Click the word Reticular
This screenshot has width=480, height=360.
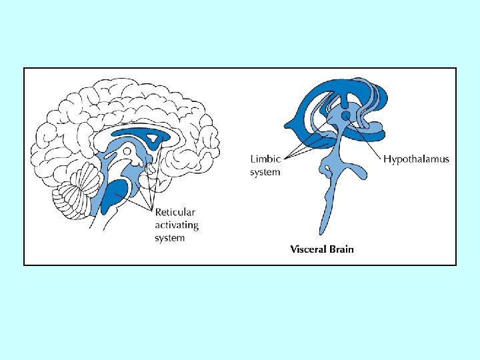pyautogui.click(x=175, y=212)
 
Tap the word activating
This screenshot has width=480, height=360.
pyautogui.click(x=177, y=225)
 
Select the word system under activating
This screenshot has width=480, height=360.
pyautogui.click(x=170, y=238)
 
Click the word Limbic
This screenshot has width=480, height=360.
pyautogui.click(x=265, y=159)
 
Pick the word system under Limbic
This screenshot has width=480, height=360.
pyautogui.click(x=265, y=172)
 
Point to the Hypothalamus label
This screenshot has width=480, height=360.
pyautogui.click(x=416, y=159)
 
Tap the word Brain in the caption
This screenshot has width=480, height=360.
pyautogui.click(x=341, y=250)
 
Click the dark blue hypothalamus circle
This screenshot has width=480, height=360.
pyautogui.click(x=346, y=117)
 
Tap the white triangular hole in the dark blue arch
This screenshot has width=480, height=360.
pyautogui.click(x=155, y=139)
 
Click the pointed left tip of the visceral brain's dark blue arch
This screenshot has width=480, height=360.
pyautogui.click(x=286, y=124)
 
